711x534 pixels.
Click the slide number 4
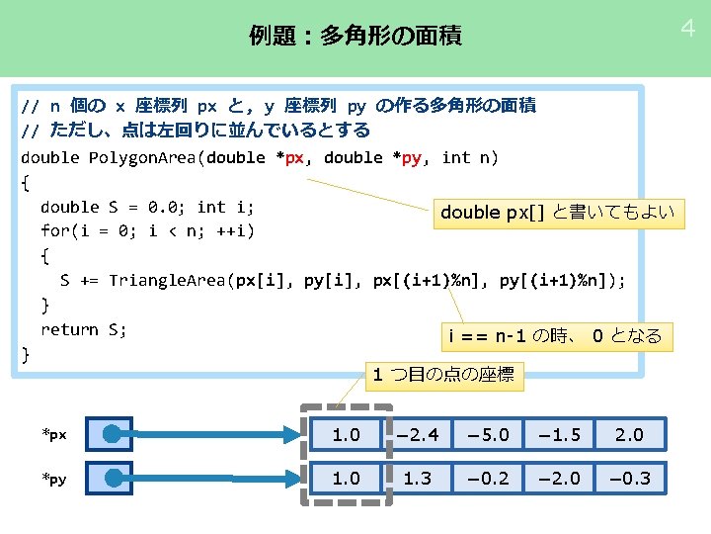click(687, 29)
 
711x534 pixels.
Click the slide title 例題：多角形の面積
click(355, 38)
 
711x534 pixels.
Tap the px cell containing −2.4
click(417, 434)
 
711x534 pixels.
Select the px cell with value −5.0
click(488, 434)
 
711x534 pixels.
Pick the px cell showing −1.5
click(559, 434)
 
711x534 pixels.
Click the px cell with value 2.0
click(629, 434)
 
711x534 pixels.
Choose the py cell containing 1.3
click(417, 478)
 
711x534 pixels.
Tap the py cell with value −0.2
click(488, 478)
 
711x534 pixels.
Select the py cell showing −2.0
click(559, 478)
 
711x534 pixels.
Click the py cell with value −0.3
click(629, 478)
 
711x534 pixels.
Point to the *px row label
click(54, 435)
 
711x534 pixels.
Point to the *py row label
click(54, 480)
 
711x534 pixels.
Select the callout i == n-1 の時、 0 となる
click(554, 336)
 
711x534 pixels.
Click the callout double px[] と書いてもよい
click(557, 212)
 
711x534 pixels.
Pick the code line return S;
click(84, 329)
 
